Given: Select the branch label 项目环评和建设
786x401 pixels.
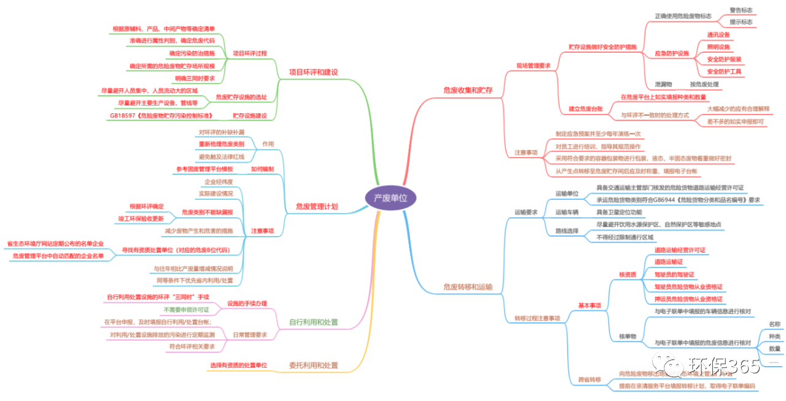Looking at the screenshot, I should [x=313, y=72].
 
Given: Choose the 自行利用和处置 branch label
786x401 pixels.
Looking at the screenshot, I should [x=313, y=323].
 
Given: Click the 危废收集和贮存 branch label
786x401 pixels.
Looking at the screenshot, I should [x=468, y=90].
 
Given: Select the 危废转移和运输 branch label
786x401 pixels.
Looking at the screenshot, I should [x=468, y=286].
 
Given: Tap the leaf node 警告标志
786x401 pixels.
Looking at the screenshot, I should [x=741, y=10].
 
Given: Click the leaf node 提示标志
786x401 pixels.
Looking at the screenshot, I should [x=741, y=22].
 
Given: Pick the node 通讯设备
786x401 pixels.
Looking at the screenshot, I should [x=718, y=35].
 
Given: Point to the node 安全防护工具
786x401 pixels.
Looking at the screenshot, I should [x=724, y=72].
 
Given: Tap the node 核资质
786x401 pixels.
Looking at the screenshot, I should [x=628, y=275].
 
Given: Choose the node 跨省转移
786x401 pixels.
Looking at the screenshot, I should [x=589, y=380].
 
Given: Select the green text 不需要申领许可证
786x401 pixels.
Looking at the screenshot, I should [x=186, y=310].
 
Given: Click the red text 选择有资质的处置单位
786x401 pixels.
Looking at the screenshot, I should [x=238, y=365].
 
